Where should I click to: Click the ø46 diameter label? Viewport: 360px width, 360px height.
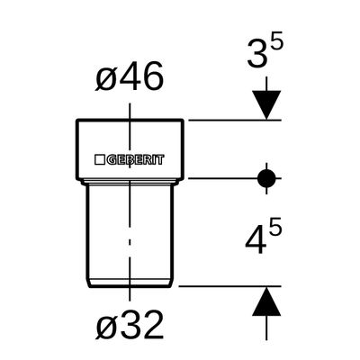130,76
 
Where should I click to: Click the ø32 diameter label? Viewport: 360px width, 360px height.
130,325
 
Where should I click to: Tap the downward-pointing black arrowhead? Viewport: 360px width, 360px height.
266,104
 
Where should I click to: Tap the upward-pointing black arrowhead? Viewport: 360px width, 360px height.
266,301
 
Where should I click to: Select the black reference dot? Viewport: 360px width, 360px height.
266,178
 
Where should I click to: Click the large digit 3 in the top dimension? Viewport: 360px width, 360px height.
257,54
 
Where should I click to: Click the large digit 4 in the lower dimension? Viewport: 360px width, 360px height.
256,240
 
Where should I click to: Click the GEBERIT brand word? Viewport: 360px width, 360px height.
136,160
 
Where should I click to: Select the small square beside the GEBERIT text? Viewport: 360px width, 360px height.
99,160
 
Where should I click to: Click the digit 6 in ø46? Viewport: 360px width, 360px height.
152,76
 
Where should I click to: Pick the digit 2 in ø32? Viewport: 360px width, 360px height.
152,325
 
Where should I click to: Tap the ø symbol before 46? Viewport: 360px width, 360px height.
105,80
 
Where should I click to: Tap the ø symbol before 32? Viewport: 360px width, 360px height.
105,328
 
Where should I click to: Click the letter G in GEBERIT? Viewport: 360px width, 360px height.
112,160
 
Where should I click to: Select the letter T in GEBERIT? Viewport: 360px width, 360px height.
160,160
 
